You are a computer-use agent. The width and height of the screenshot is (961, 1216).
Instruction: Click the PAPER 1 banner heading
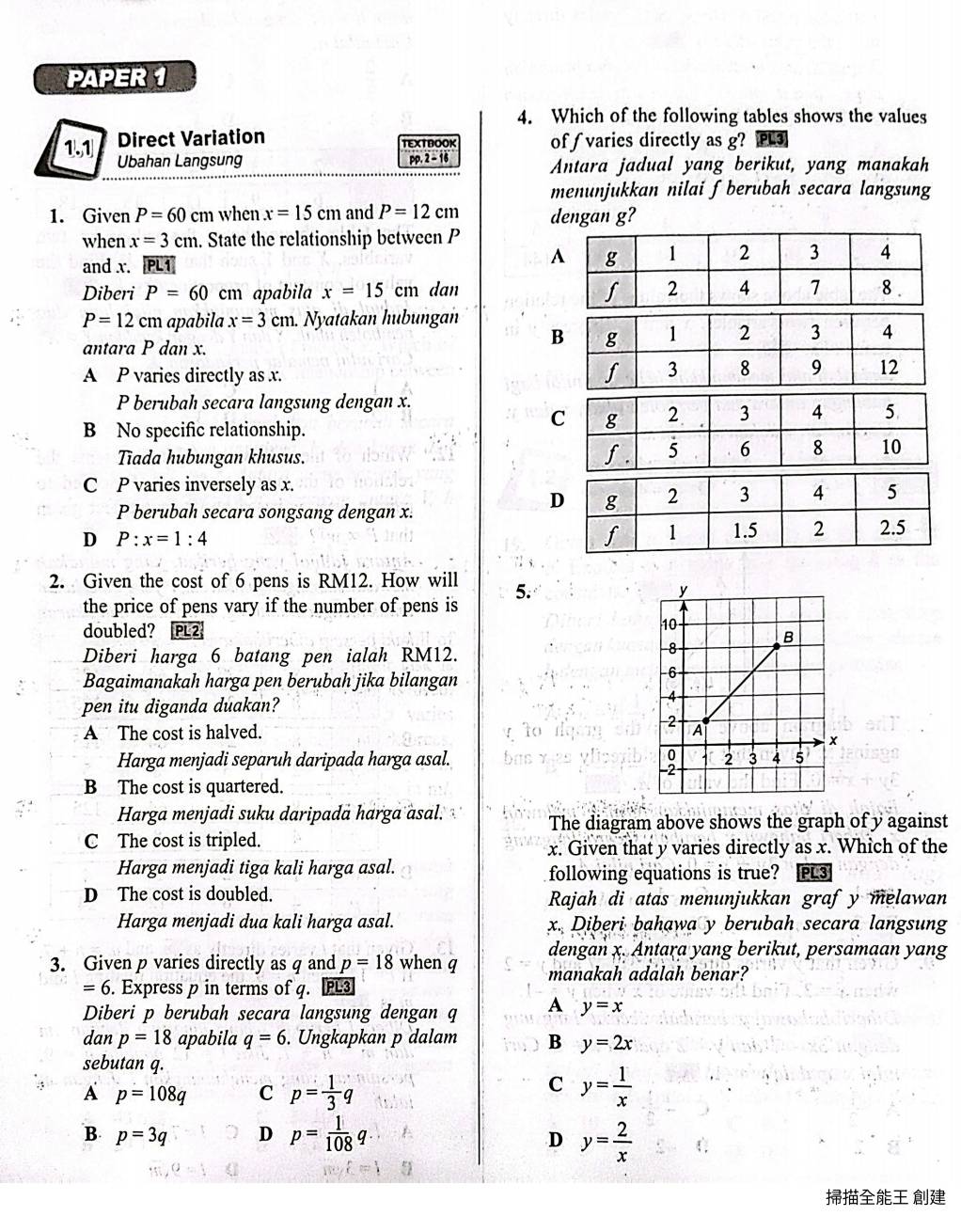tap(115, 78)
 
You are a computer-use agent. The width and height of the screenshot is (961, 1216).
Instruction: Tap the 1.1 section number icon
tap(78, 148)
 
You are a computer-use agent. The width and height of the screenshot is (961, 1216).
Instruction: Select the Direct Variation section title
tap(191, 138)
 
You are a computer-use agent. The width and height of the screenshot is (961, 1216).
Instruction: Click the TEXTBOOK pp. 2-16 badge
tap(429, 150)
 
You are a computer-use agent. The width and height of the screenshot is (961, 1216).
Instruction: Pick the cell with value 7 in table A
tap(814, 288)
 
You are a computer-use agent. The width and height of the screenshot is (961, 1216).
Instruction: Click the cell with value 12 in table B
tap(888, 368)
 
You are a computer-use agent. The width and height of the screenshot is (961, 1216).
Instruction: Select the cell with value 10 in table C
tap(890, 447)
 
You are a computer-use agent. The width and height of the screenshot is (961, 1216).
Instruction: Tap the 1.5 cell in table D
tap(744, 529)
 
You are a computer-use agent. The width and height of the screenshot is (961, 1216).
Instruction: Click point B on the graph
tap(778, 646)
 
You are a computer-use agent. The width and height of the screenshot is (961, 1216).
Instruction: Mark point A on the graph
tap(706, 721)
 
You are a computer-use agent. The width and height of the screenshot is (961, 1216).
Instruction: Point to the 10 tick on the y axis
tap(670, 624)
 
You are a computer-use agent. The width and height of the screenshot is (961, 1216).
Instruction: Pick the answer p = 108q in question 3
tap(150, 1094)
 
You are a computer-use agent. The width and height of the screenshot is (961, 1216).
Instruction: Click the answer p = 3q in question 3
tap(141, 1134)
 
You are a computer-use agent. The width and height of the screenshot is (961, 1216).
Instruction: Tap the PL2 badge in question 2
tap(187, 631)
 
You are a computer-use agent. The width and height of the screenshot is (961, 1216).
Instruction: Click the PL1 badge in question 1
tap(159, 266)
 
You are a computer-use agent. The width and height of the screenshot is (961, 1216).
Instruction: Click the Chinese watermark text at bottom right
tap(885, 1197)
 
